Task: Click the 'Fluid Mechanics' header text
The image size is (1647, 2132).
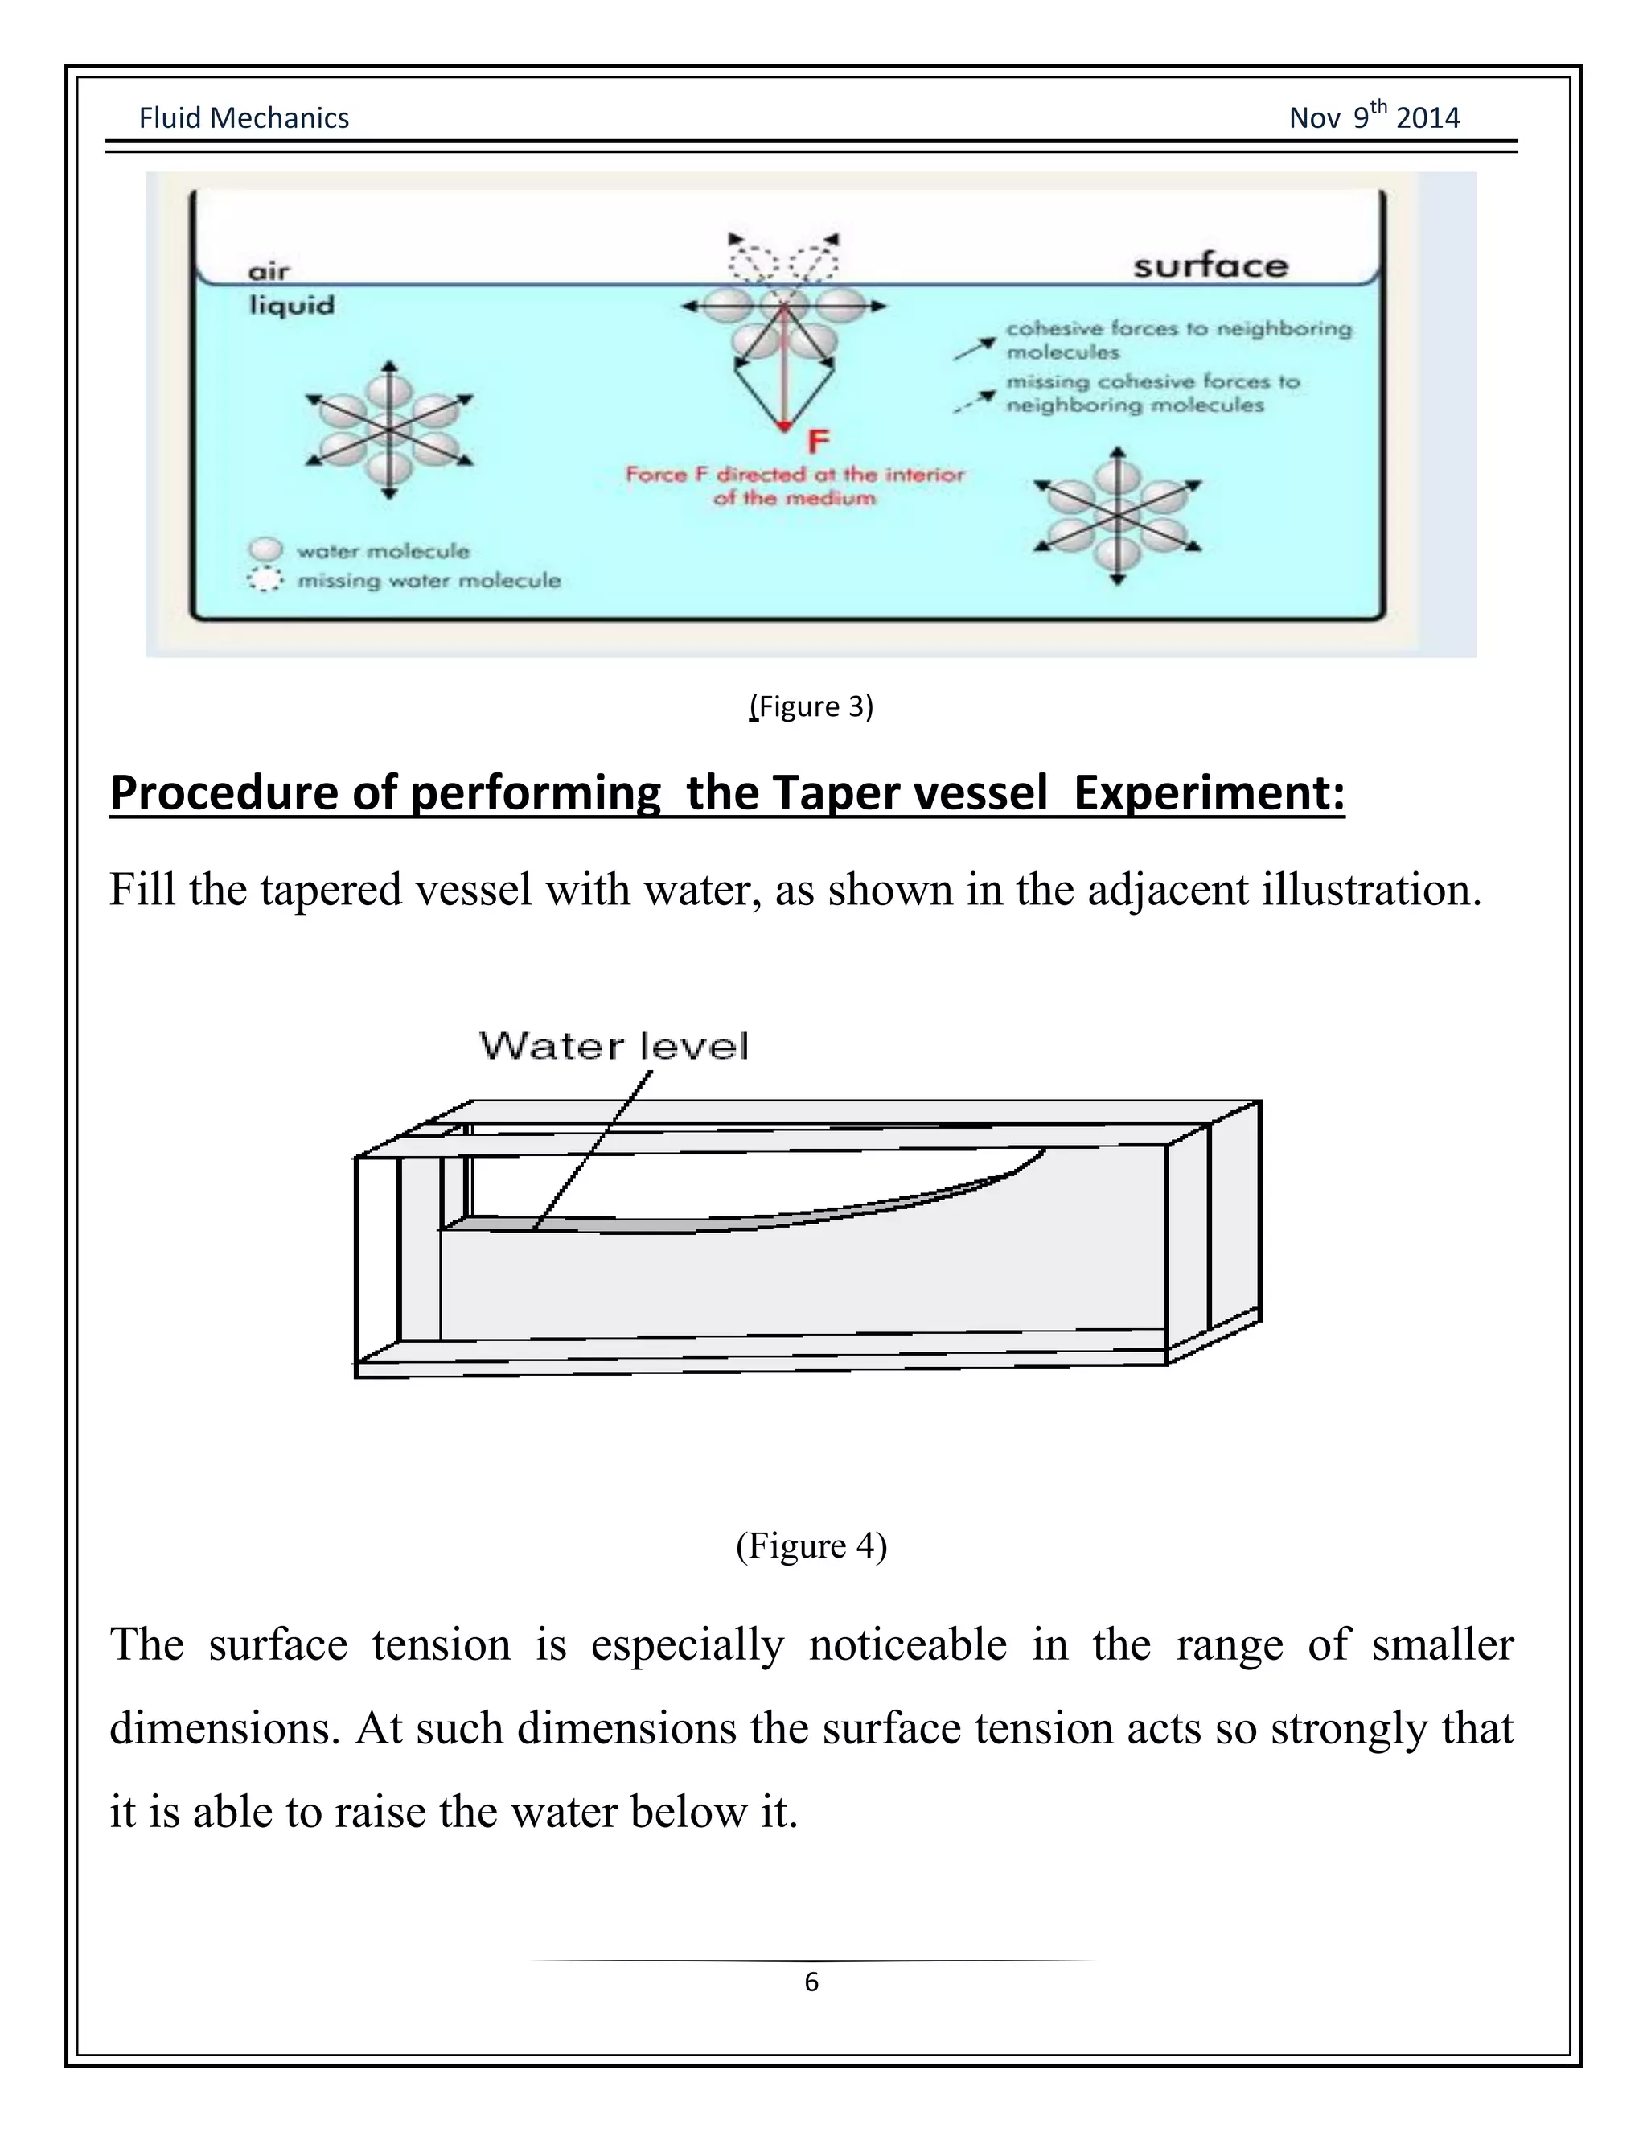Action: coord(243,118)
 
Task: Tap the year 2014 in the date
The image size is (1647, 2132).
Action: coord(1427,118)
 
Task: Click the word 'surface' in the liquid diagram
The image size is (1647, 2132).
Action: coord(1210,265)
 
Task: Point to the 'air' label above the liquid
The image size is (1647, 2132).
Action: coord(269,271)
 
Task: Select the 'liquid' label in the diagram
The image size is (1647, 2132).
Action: coord(291,306)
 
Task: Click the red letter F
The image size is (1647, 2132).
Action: coord(818,442)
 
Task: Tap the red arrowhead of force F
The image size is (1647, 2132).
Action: coord(783,426)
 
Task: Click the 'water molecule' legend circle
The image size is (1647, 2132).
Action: coord(265,550)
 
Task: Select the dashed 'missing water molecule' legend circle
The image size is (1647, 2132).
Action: coord(265,580)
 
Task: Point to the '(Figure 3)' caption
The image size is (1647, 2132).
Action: coord(811,706)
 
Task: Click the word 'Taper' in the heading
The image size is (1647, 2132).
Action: coord(832,792)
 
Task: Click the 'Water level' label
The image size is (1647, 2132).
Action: coord(614,1047)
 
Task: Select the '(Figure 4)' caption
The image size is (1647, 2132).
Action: coord(811,1545)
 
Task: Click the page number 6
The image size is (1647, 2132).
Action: coord(811,1982)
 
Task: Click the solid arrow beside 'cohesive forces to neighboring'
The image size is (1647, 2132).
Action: coord(974,348)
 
